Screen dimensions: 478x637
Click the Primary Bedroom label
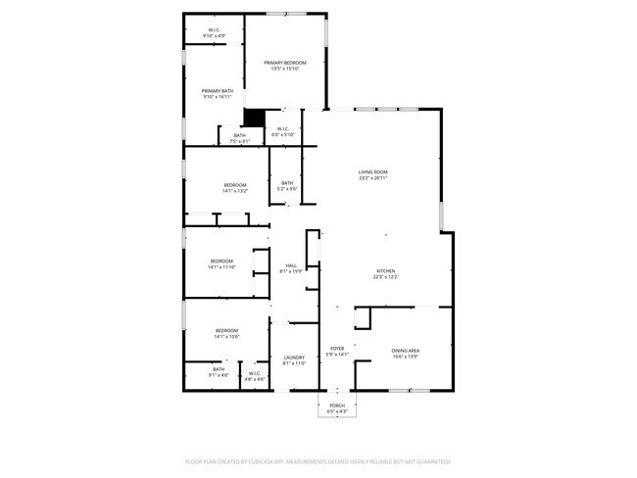285,64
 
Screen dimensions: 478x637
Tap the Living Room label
372,173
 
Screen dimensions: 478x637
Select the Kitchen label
386,272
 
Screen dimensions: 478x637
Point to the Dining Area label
406,352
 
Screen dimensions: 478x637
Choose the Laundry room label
294,359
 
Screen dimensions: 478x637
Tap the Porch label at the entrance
337,407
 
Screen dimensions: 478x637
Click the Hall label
291,267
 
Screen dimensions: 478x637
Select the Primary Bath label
218,93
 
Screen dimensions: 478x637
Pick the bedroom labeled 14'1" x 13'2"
235,187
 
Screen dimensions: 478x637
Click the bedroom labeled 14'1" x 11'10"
220,263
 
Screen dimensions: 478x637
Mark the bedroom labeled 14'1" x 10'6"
227,333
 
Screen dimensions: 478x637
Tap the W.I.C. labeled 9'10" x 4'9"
214,32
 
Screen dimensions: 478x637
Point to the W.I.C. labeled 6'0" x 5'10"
281,130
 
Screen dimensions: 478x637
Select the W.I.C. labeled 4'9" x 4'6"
254,375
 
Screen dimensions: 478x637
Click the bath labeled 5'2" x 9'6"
287,185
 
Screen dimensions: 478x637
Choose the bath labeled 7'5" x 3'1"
240,138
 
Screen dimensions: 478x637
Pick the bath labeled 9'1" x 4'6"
218,371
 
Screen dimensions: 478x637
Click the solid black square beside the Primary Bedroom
254,118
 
